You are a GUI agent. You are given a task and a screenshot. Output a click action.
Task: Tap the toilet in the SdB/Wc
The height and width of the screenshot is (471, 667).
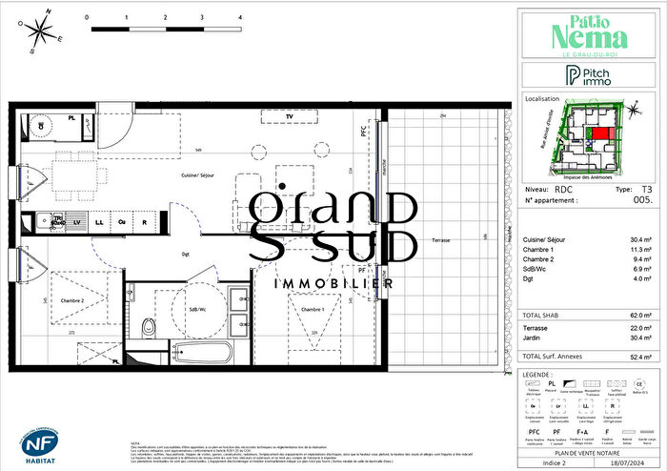coord(147,329)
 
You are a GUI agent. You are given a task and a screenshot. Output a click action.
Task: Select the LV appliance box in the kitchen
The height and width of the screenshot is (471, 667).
coord(77,222)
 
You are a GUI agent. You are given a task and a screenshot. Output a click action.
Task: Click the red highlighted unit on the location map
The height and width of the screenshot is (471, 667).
coord(598,136)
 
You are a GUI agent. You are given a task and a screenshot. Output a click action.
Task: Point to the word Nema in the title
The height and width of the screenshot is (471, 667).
coord(591,37)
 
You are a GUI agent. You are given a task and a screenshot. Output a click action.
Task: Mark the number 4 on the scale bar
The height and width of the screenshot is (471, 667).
coord(239,17)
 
